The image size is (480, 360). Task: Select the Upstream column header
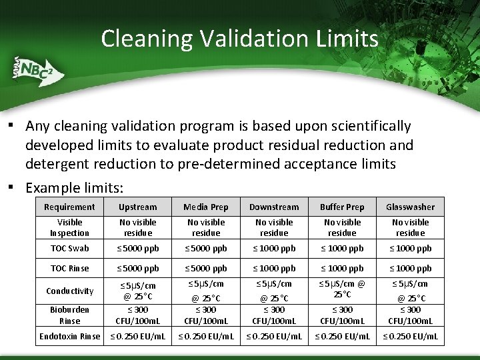(x=137, y=207)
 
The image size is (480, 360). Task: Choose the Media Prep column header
(x=205, y=207)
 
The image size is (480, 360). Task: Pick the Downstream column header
(x=274, y=207)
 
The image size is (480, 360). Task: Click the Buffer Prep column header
(x=342, y=207)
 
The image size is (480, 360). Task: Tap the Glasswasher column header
(x=410, y=207)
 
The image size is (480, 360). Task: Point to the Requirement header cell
(x=69, y=207)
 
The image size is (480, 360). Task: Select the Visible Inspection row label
(x=69, y=227)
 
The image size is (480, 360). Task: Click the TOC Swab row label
(x=69, y=249)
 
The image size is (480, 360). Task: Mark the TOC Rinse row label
(x=69, y=269)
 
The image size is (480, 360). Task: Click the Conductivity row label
(x=69, y=291)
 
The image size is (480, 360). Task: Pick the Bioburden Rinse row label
(x=69, y=315)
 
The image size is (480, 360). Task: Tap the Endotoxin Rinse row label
(x=69, y=337)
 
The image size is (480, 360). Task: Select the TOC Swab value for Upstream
(x=137, y=249)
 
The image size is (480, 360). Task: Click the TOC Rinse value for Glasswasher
(x=410, y=269)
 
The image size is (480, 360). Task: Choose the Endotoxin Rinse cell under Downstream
(x=274, y=337)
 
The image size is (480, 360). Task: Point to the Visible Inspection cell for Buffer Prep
(x=342, y=227)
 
